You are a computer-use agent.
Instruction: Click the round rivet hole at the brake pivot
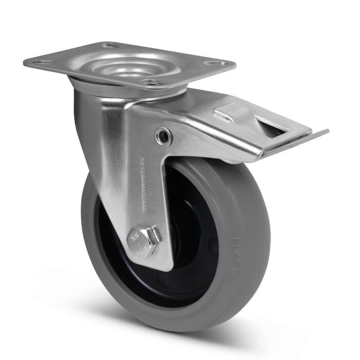[x=164, y=136]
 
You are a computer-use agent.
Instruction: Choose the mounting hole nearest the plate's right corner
[x=215, y=64]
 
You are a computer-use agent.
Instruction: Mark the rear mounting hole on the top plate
[x=110, y=45]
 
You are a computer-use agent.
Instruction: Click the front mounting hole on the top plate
[x=150, y=82]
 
